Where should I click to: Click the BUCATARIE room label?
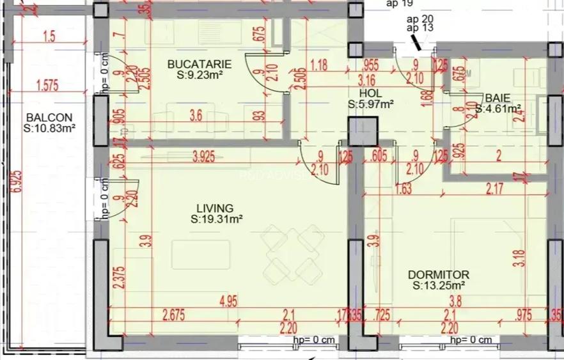pyautogui.click(x=199, y=64)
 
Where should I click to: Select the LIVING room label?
pyautogui.click(x=215, y=208)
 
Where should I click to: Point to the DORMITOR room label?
pyautogui.click(x=438, y=274)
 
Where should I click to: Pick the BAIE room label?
pyautogui.click(x=497, y=98)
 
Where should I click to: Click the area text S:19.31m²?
pyautogui.click(x=216, y=219)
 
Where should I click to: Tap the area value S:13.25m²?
pyautogui.click(x=438, y=285)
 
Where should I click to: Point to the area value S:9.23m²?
pyautogui.click(x=199, y=75)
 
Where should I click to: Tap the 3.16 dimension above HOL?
pyautogui.click(x=366, y=81)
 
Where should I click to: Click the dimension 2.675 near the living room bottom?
pyautogui.click(x=174, y=314)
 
